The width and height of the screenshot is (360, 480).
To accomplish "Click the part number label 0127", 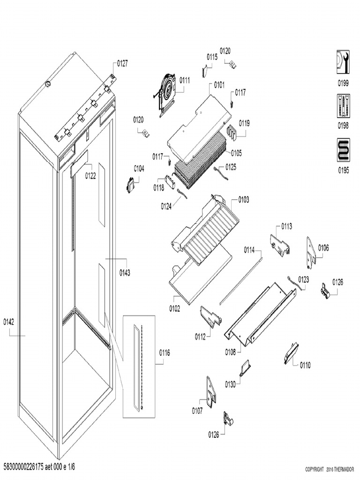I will tap(122, 63).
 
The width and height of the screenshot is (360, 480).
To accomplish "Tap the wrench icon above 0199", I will tap(343, 62).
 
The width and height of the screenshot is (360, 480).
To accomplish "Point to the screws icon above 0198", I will tap(343, 106).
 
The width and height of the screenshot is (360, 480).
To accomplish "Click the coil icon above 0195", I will tap(343, 150).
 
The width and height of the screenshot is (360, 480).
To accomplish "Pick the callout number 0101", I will tap(219, 85).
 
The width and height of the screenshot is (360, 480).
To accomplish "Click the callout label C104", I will tap(139, 168).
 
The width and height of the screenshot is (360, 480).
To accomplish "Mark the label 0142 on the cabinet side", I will tap(9, 322).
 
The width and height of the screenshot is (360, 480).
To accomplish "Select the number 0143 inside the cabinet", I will tap(125, 273).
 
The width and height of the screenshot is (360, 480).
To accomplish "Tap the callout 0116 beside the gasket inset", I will tap(164, 352).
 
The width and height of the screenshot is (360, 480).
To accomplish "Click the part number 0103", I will tap(243, 200).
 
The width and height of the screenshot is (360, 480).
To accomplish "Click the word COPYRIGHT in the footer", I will tap(315, 469).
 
